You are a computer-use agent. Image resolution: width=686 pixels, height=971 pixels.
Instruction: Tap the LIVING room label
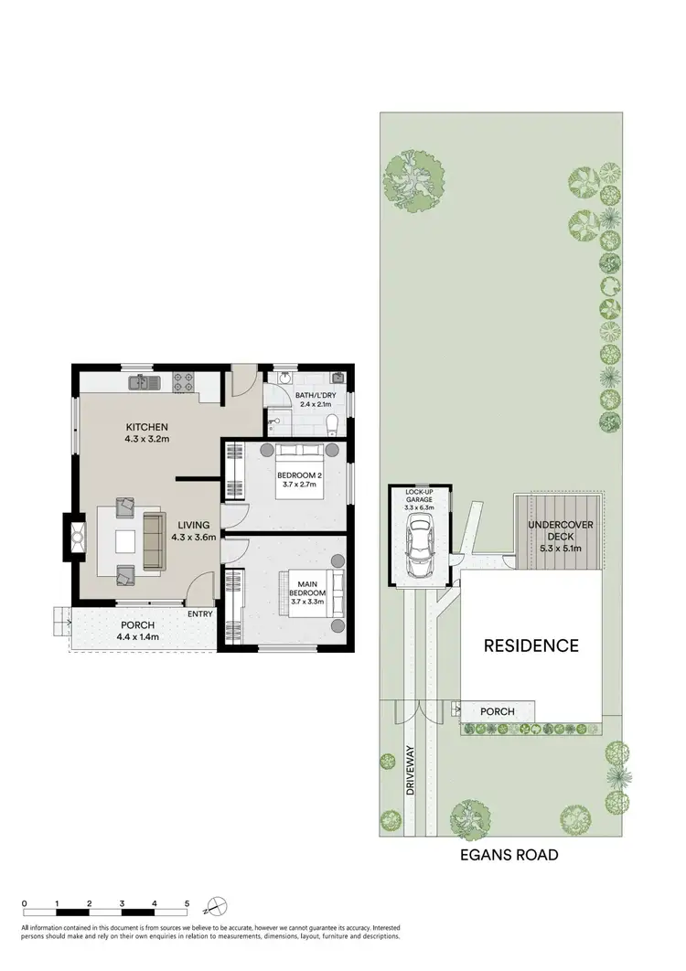[194, 525]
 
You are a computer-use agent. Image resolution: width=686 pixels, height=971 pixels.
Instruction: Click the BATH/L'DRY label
[311, 397]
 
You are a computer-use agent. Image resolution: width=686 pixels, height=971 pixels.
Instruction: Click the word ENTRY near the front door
[200, 614]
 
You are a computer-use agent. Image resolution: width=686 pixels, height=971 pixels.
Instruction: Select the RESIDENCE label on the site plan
[531, 646]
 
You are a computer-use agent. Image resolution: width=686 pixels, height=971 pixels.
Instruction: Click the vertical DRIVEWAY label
[410, 771]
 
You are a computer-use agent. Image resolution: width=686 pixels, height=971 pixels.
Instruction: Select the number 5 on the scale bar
[187, 902]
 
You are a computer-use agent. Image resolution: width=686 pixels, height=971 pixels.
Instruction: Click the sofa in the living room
[152, 541]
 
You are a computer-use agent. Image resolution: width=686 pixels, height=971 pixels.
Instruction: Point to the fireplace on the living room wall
[70, 537]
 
